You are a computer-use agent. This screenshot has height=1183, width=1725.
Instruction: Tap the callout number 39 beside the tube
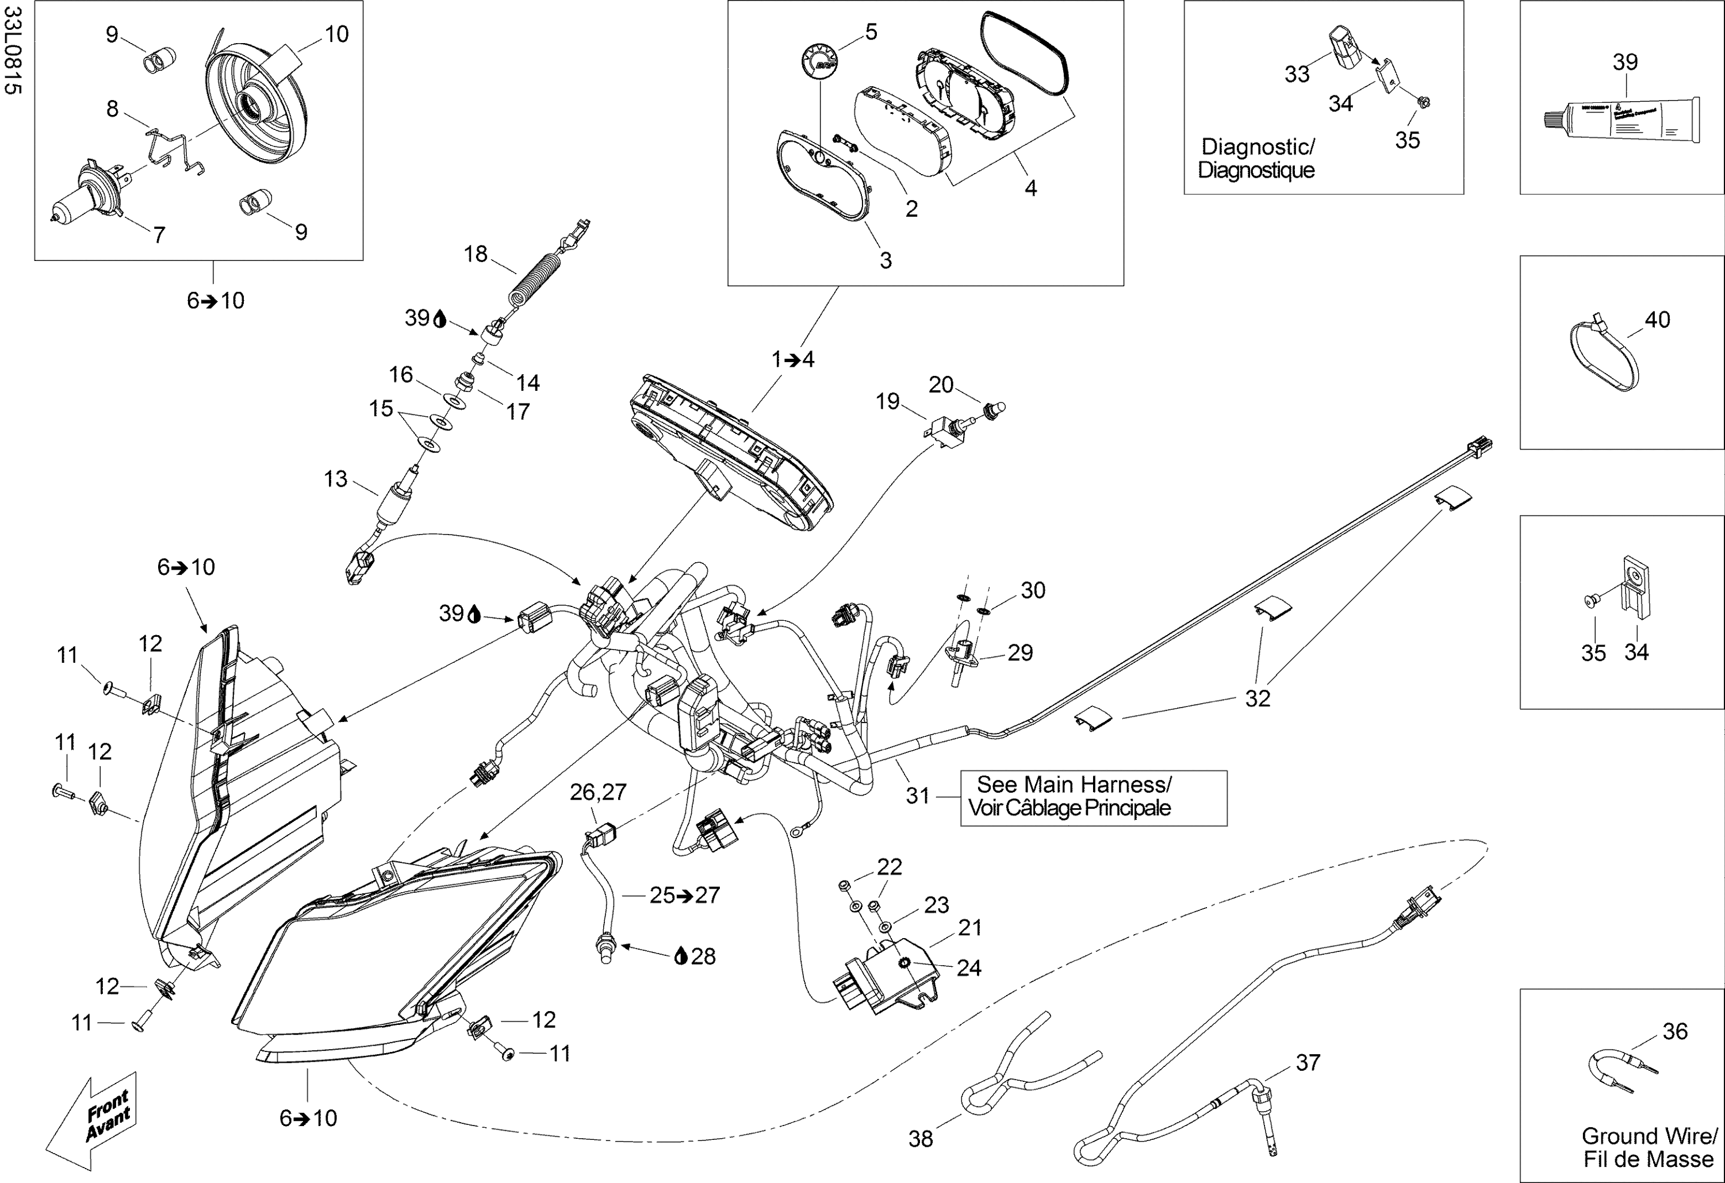(1625, 62)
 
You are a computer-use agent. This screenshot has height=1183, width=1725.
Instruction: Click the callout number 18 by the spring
(475, 254)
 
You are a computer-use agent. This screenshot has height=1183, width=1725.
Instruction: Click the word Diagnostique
(1256, 171)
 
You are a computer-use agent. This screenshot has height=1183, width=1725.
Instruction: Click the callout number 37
(1308, 1063)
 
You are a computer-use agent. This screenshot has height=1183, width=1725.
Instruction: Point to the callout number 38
(921, 1139)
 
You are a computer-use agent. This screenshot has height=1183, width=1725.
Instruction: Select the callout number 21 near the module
(970, 928)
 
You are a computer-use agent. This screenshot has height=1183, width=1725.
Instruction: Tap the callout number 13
(335, 479)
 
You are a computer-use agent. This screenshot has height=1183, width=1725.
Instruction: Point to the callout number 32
(1258, 698)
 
